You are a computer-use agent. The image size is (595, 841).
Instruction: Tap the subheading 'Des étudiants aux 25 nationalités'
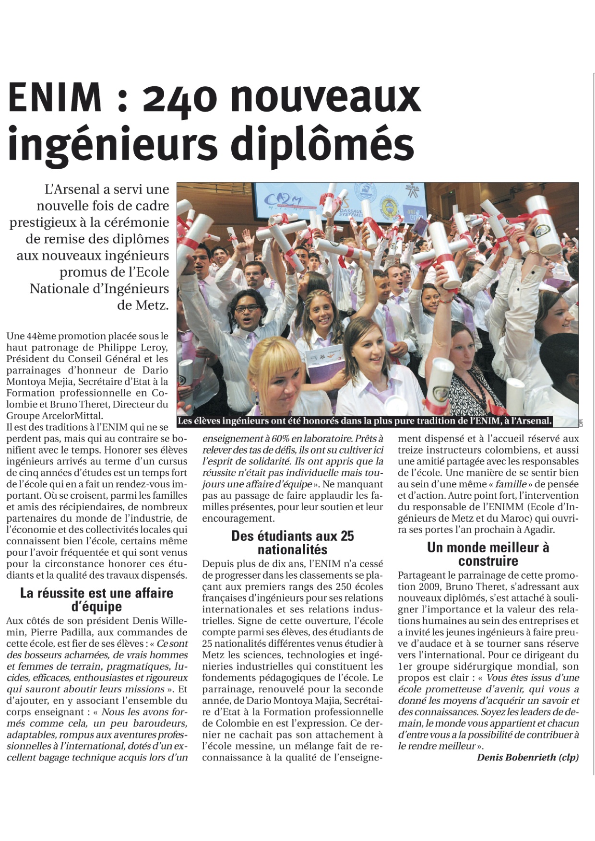pos(292,542)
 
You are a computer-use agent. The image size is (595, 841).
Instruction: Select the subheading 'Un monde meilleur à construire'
pos(488,554)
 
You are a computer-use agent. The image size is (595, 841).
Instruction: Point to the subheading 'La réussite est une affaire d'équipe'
pos(96,599)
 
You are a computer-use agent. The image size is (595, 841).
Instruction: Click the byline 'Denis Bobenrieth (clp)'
pos(528,758)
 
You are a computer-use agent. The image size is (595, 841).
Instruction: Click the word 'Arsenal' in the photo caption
pos(531,421)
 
